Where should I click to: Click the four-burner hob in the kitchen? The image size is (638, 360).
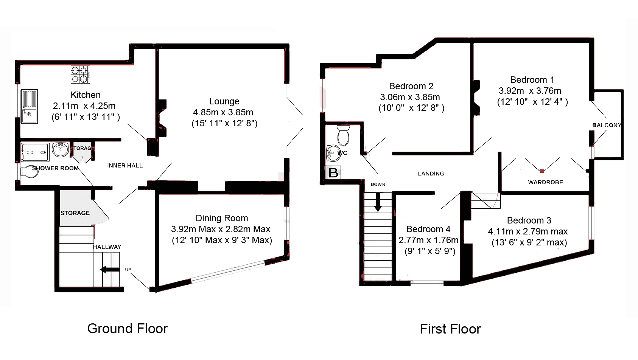[80, 74]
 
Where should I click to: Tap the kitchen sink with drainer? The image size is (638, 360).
[30, 106]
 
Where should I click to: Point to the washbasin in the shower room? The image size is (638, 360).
[61, 150]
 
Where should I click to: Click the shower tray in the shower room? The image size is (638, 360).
[35, 152]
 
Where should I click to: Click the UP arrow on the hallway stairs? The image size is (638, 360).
[110, 269]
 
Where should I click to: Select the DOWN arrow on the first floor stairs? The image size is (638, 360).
[378, 202]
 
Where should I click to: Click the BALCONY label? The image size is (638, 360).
[607, 125]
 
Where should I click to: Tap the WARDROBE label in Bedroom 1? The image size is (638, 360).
[545, 182]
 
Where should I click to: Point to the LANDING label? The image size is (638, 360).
[431, 174]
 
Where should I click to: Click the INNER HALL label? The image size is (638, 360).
[125, 166]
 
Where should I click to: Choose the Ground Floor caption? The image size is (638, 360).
[127, 329]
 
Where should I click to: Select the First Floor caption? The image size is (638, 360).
[450, 329]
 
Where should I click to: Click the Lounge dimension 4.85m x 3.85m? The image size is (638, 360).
[223, 112]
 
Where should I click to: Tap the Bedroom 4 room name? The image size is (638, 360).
[428, 229]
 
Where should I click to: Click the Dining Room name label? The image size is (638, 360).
[222, 218]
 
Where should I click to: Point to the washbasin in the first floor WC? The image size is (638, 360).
[332, 153]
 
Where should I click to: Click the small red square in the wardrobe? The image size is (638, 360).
[542, 171]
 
